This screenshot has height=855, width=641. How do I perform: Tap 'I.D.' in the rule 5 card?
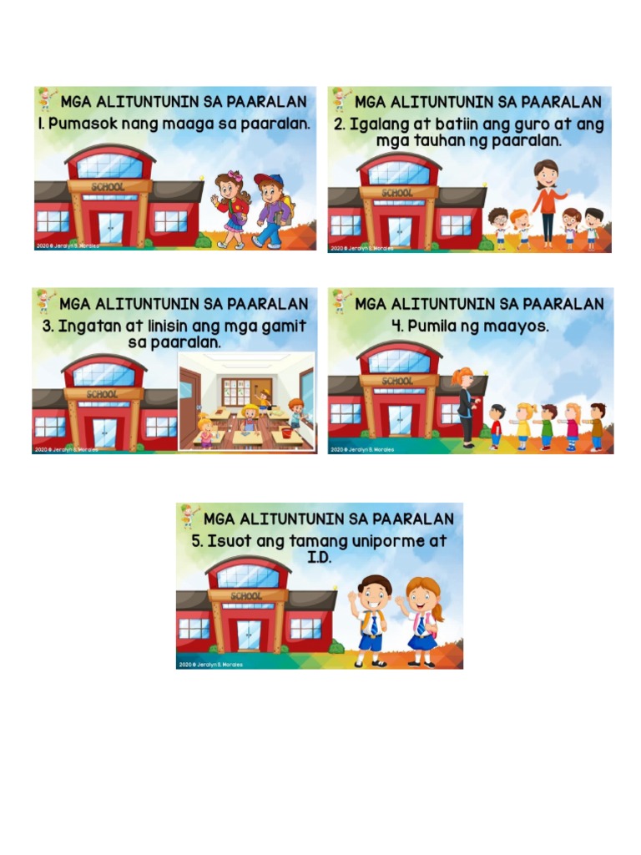click(319, 557)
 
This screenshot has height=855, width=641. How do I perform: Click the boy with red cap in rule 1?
click(271, 210)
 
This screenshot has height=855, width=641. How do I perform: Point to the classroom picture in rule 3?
click(246, 401)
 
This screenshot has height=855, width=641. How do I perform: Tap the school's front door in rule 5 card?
click(248, 635)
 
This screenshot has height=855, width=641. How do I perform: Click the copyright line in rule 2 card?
click(362, 248)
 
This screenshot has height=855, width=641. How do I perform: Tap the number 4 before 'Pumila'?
click(396, 326)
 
